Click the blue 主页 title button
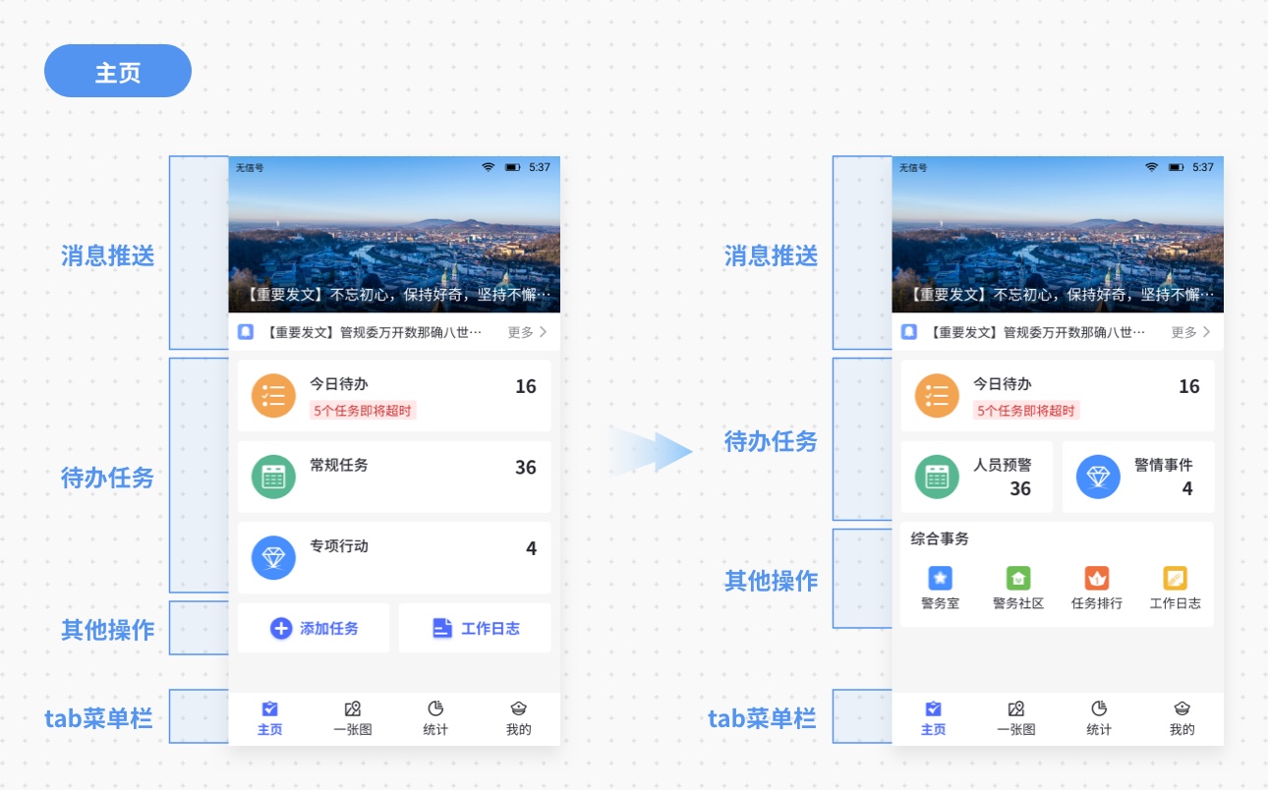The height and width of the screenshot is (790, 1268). click(118, 72)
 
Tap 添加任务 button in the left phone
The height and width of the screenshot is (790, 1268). click(314, 628)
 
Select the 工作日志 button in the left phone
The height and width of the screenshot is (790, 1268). click(476, 628)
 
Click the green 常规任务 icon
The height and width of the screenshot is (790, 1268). click(273, 477)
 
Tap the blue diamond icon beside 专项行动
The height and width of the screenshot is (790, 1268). click(273, 557)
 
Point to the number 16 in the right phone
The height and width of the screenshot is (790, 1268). click(1189, 386)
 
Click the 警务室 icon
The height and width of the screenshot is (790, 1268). click(940, 579)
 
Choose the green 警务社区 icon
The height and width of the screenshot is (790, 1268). click(1018, 579)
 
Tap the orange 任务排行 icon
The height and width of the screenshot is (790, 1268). click(1097, 579)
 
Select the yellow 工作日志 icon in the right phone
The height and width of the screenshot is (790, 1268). click(1176, 579)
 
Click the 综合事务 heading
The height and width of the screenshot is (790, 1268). click(940, 538)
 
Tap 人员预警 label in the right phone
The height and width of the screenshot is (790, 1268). click(1003, 465)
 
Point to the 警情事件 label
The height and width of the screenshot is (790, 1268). click(1163, 465)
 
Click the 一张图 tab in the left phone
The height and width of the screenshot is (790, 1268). click(353, 718)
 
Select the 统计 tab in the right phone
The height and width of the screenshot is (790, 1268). click(1099, 718)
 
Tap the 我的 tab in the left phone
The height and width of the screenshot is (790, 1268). click(519, 718)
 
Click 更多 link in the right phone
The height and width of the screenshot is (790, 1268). click(1190, 332)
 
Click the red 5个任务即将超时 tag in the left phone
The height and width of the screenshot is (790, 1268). click(363, 410)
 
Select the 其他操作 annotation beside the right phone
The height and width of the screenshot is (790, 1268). click(771, 580)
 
